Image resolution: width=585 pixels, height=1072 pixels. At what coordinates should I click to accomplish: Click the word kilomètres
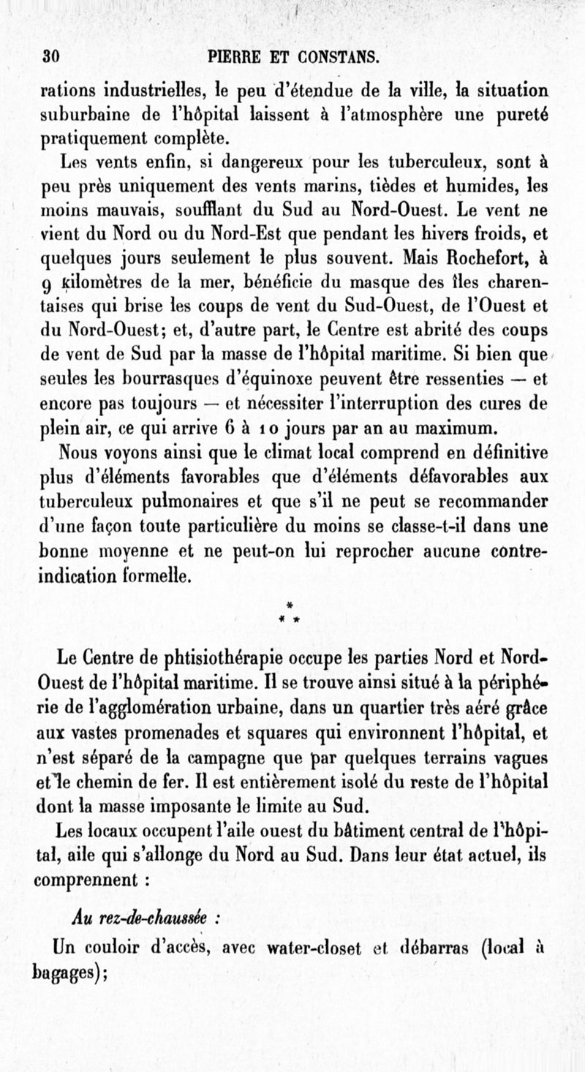pyautogui.click(x=103, y=282)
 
